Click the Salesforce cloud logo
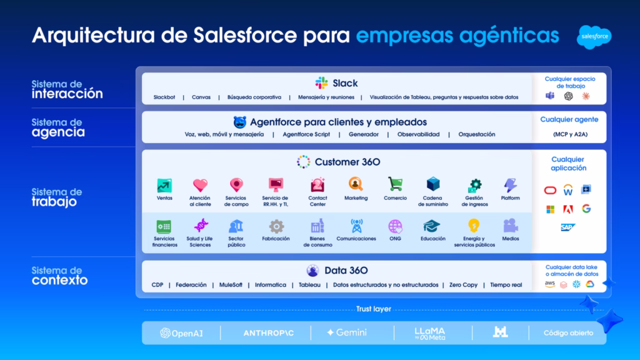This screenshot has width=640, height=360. [x=594, y=37]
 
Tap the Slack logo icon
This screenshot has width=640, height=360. [x=322, y=83]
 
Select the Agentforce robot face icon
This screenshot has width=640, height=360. [x=239, y=122]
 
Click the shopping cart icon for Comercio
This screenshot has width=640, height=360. [x=395, y=184]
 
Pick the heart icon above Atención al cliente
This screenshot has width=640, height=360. [x=200, y=185]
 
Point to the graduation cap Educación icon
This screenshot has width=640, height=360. [x=432, y=226]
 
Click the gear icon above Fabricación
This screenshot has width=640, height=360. [x=276, y=226]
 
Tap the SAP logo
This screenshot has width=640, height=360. [x=567, y=227]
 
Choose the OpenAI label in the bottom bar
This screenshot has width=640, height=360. [x=181, y=333]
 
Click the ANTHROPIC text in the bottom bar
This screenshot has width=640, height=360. [x=269, y=333]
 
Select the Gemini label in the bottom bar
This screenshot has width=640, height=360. [x=346, y=332]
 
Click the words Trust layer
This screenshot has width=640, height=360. [x=374, y=309]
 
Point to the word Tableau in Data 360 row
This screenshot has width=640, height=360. [x=309, y=285]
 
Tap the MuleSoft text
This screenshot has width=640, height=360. [x=231, y=285]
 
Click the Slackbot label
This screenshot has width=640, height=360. [x=164, y=97]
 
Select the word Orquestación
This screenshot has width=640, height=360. [x=477, y=134]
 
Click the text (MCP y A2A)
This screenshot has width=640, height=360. [x=570, y=134]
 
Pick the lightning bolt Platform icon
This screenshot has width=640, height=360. [x=510, y=185]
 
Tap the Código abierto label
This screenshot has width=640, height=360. [x=568, y=333]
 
